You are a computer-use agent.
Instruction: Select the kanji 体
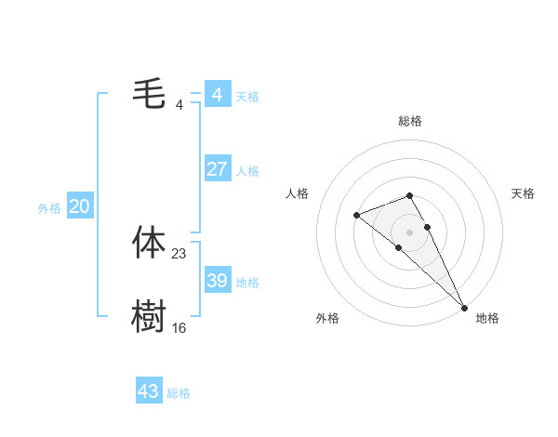point(149,243)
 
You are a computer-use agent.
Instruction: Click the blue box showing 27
point(217,169)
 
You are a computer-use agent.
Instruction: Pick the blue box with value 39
point(217,281)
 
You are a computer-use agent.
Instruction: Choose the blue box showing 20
point(79,206)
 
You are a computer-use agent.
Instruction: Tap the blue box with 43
point(149,391)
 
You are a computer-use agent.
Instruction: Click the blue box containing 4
point(217,95)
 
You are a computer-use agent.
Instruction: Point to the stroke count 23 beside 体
point(179,254)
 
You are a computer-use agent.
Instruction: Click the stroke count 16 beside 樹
point(179,328)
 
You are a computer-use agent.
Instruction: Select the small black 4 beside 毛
point(179,105)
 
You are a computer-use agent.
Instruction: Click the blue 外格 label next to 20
point(49,208)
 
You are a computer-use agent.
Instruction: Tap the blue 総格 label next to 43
point(179,393)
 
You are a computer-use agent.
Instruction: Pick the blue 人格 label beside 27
point(247,171)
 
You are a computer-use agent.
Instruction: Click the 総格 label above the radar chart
point(410,121)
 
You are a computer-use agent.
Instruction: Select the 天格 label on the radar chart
point(523,193)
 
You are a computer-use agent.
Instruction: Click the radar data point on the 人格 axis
point(357,216)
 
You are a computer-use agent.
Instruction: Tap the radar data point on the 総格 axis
point(410,195)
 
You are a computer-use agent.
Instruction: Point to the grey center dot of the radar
point(410,232)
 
